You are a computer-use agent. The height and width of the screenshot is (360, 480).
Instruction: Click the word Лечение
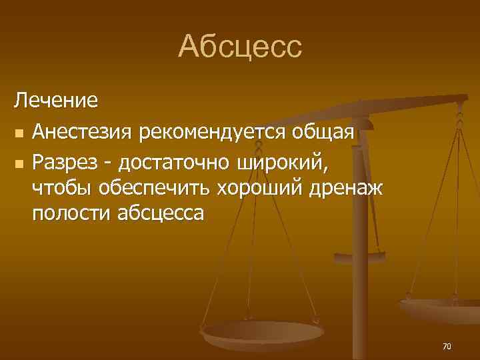click(57, 101)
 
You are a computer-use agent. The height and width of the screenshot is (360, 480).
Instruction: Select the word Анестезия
click(83, 131)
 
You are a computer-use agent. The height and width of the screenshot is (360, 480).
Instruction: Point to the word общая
click(323, 131)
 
